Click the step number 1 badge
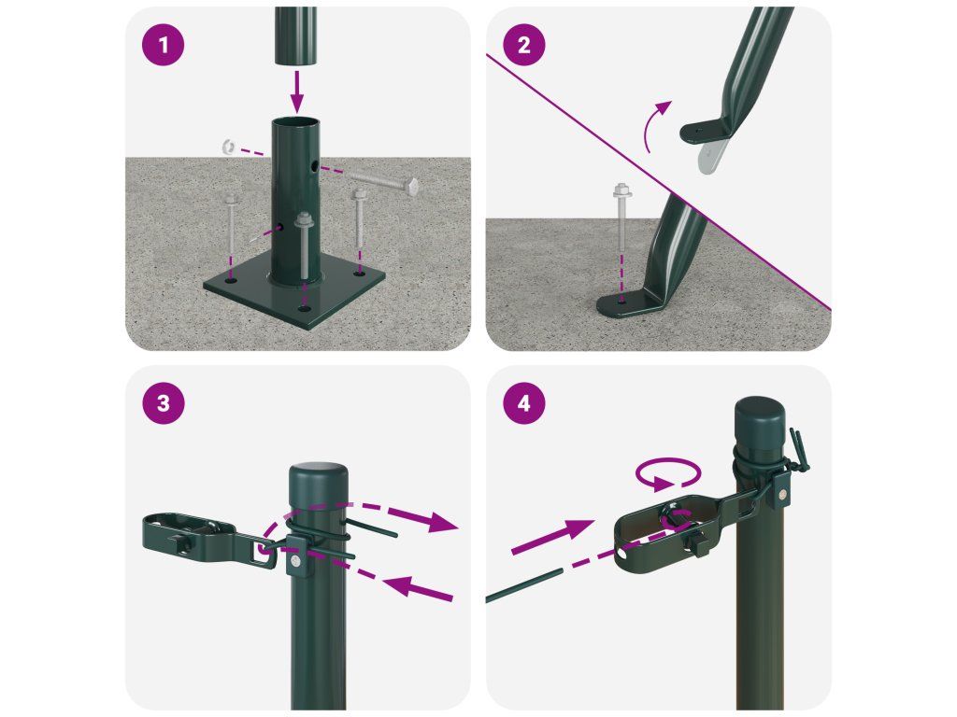(163, 45)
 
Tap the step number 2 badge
(523, 45)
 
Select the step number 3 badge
(163, 403)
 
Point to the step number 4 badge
(523, 403)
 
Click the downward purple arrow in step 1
(296, 91)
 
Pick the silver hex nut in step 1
(228, 147)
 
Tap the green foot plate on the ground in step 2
(629, 303)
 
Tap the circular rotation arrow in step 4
(667, 473)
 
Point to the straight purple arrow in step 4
(553, 537)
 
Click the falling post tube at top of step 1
(295, 35)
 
